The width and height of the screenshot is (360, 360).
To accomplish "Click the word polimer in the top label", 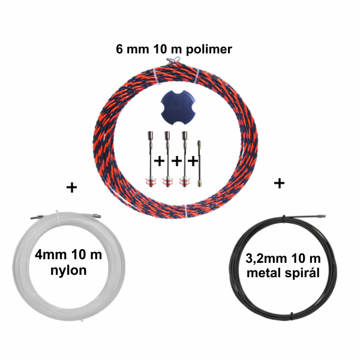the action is point(209,50).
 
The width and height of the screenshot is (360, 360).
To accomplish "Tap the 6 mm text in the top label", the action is point(133,49).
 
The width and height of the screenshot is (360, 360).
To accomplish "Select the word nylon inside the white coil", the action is point(68,271).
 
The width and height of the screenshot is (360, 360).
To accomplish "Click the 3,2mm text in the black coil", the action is point(266,259).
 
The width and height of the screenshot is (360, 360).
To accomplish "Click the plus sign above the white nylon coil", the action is point(71,188).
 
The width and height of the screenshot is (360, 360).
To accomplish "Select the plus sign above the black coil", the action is point(279,183).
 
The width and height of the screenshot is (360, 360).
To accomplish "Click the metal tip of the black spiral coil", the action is point(321,216).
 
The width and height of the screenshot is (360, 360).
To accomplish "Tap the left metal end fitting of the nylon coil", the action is point(37,217).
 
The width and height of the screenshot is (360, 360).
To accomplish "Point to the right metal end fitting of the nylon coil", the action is point(97,215).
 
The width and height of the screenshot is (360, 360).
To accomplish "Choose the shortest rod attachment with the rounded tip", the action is point(200,164).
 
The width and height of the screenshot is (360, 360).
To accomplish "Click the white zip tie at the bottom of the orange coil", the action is point(186,211).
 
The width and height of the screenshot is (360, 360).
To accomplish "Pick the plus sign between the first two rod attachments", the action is point(160,161).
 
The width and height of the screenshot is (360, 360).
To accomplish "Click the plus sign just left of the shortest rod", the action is point(193,161).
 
